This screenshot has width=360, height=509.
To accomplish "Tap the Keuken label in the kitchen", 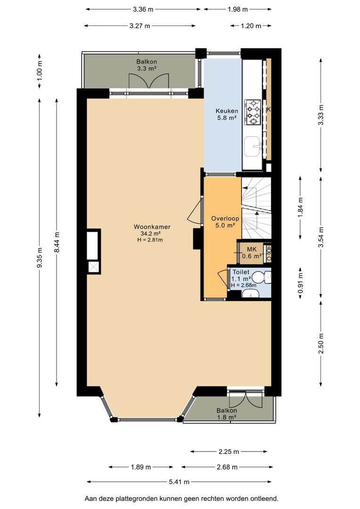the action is coord(227,111).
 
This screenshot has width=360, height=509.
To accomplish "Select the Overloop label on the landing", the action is coord(225,219).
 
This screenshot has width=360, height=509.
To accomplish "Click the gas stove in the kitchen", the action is coord(254,112).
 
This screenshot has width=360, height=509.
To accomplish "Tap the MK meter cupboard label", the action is coord(252,249).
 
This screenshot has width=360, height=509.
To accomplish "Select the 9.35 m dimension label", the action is coord(40,257).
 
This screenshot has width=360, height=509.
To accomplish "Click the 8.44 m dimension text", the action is coord(57,242).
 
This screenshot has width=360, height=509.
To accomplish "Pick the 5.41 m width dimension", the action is coord(179,482).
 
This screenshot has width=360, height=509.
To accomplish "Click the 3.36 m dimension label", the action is coord(143,9).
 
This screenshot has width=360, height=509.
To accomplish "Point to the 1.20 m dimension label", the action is coord(251,25).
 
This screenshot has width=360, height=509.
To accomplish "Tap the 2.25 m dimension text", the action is coord(229,452).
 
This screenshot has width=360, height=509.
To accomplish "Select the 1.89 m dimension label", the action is coord(141,467).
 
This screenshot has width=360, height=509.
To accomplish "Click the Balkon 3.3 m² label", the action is coord(147,65).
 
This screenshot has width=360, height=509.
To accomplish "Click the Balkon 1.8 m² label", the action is coord(227,414).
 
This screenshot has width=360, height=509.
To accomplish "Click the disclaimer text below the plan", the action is coord(181,498).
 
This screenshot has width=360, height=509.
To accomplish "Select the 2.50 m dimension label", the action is coord(321,344).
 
